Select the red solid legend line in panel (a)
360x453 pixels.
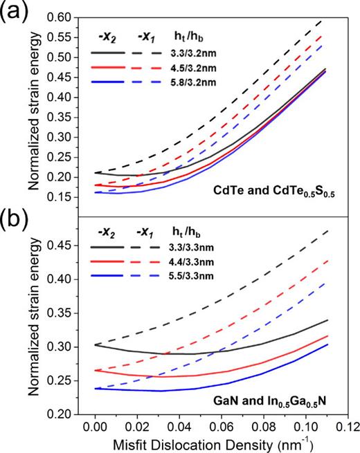coord(109,68)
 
